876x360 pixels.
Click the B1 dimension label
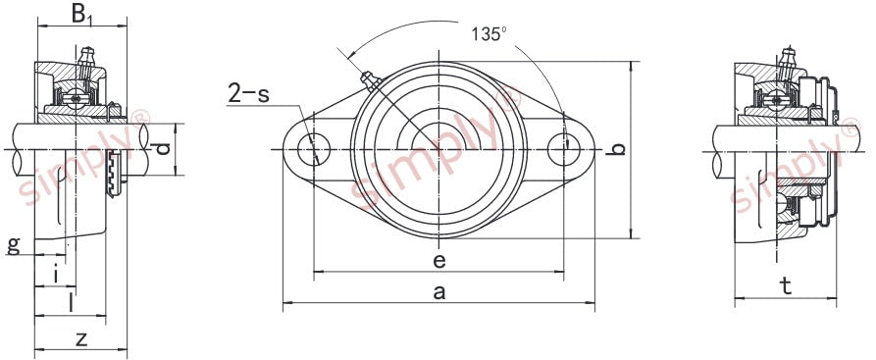click(x=81, y=15)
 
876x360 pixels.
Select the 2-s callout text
click(x=248, y=93)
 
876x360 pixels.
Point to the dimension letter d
click(x=163, y=149)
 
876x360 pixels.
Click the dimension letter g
click(x=14, y=245)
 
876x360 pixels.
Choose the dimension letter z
click(x=81, y=338)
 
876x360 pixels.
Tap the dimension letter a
click(x=439, y=291)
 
